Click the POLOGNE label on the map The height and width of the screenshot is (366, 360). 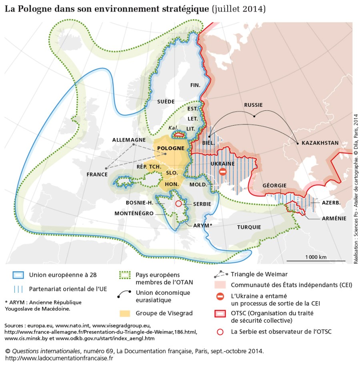[x=171, y=148]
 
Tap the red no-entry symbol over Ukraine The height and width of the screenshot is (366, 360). [x=223, y=172]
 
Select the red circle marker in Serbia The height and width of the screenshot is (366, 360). [x=178, y=204]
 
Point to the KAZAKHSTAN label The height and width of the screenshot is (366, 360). [x=320, y=143]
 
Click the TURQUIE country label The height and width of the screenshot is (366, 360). [x=249, y=227]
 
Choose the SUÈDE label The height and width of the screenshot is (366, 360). [x=166, y=101]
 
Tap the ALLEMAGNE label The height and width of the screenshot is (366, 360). [x=129, y=140]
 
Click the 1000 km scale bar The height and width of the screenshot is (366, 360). [x=316, y=261]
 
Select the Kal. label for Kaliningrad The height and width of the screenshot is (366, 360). [x=173, y=127]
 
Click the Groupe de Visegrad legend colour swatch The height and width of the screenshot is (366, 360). [x=126, y=312]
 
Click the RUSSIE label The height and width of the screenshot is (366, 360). [x=253, y=105]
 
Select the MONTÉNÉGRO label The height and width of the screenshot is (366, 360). [x=134, y=214]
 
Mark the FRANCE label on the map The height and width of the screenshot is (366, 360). [x=97, y=174]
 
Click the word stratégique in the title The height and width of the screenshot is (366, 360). [x=179, y=8]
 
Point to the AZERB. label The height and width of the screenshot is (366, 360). [x=331, y=203]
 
